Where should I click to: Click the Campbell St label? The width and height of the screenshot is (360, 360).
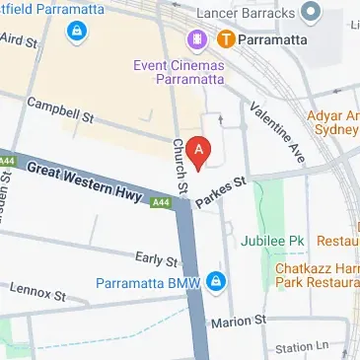pyautogui.click(x=59, y=110)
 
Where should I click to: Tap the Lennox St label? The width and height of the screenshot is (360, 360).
pyautogui.click(x=36, y=292)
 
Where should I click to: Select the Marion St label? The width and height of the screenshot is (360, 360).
pyautogui.click(x=247, y=322)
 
